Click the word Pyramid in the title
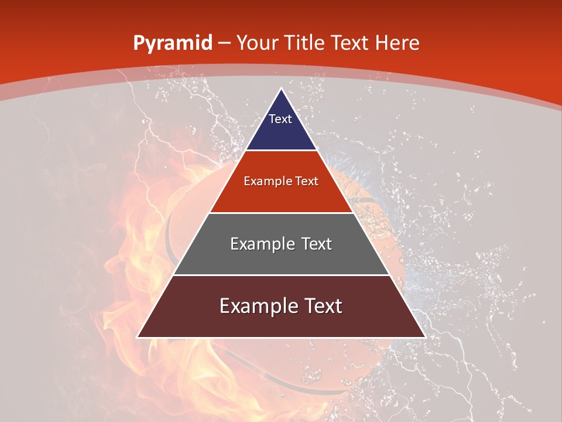click(172, 44)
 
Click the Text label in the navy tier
click(280, 119)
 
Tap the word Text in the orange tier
click(307, 182)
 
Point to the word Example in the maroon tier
click(255, 306)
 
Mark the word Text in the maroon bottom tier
click(321, 306)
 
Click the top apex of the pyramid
click(281, 89)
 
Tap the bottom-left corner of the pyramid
click(138, 337)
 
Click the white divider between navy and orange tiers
click(281, 150)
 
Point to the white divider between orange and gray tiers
click(281, 213)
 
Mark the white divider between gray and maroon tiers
click(281, 275)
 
